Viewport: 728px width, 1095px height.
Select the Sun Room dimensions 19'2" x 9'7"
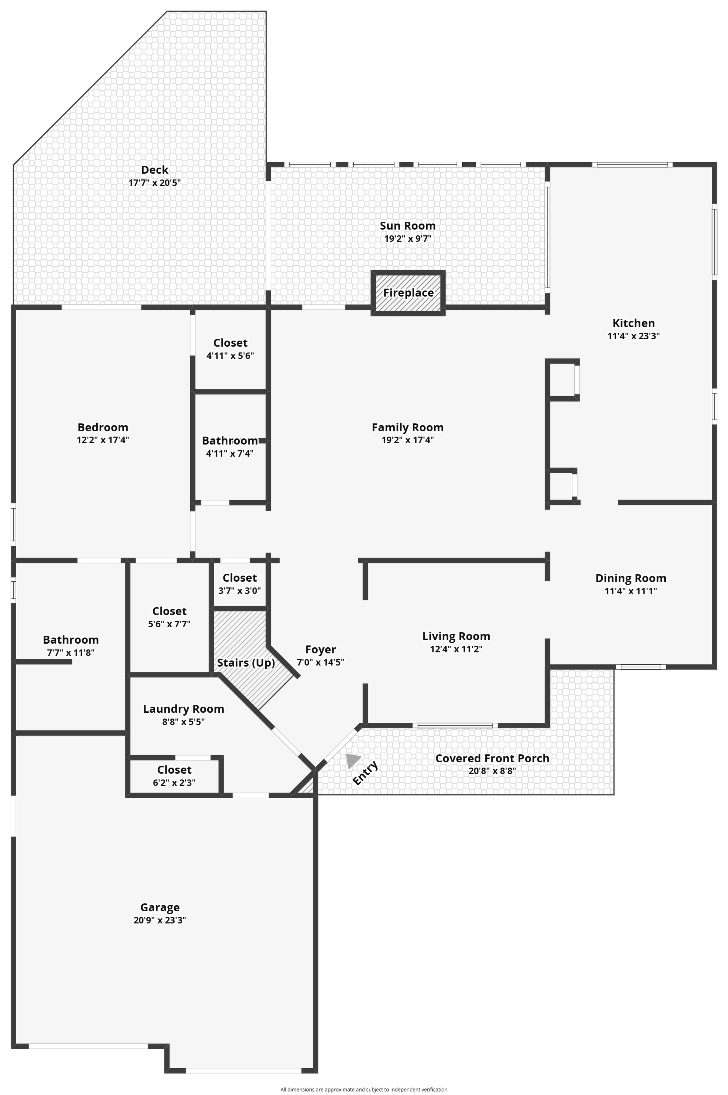tap(408, 239)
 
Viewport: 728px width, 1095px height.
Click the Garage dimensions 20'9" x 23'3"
tap(160, 920)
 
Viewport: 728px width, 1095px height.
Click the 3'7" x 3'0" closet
tap(239, 584)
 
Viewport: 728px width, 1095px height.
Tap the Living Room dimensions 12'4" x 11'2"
tap(456, 649)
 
